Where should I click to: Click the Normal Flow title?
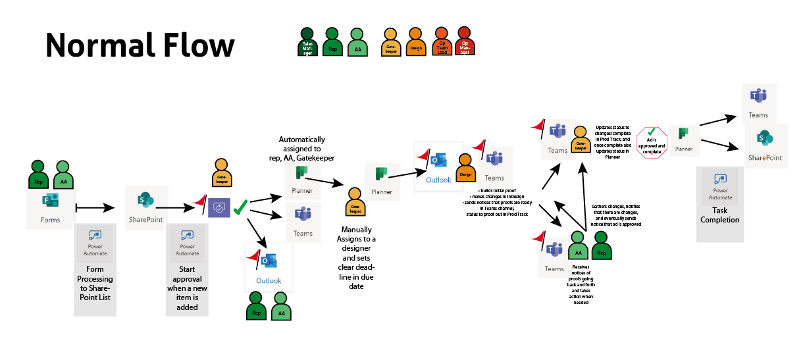(140, 45)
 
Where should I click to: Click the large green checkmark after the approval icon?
(240, 207)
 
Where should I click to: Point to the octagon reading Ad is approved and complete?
(651, 142)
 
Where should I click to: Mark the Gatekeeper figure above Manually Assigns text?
(356, 202)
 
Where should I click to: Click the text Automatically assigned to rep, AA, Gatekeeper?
(301, 149)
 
